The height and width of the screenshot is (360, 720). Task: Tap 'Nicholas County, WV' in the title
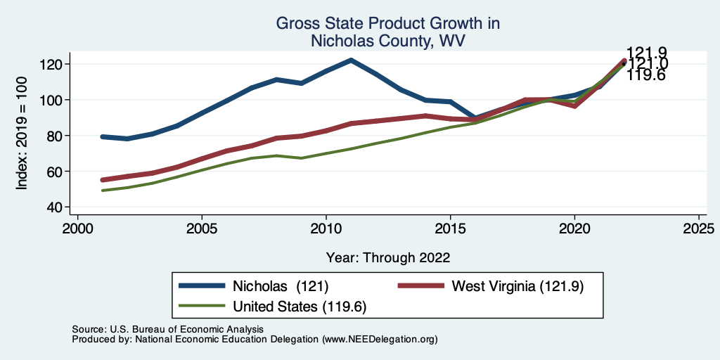tap(388, 41)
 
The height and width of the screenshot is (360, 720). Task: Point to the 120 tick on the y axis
tap(56, 64)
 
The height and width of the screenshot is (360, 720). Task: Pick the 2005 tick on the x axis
tap(202, 229)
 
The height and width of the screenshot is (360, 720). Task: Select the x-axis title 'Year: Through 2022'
tap(388, 257)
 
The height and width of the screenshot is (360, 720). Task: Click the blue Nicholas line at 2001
tap(103, 136)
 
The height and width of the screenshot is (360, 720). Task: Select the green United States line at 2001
tap(103, 191)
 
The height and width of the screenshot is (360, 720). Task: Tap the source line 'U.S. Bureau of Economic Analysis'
tap(186, 329)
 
